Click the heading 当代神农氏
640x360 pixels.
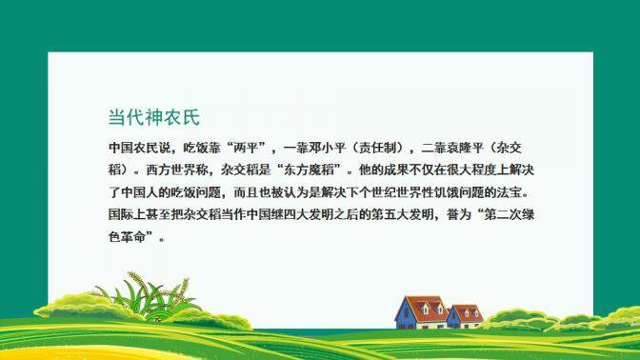click(x=154, y=118)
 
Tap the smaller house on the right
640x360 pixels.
click(x=466, y=315)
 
